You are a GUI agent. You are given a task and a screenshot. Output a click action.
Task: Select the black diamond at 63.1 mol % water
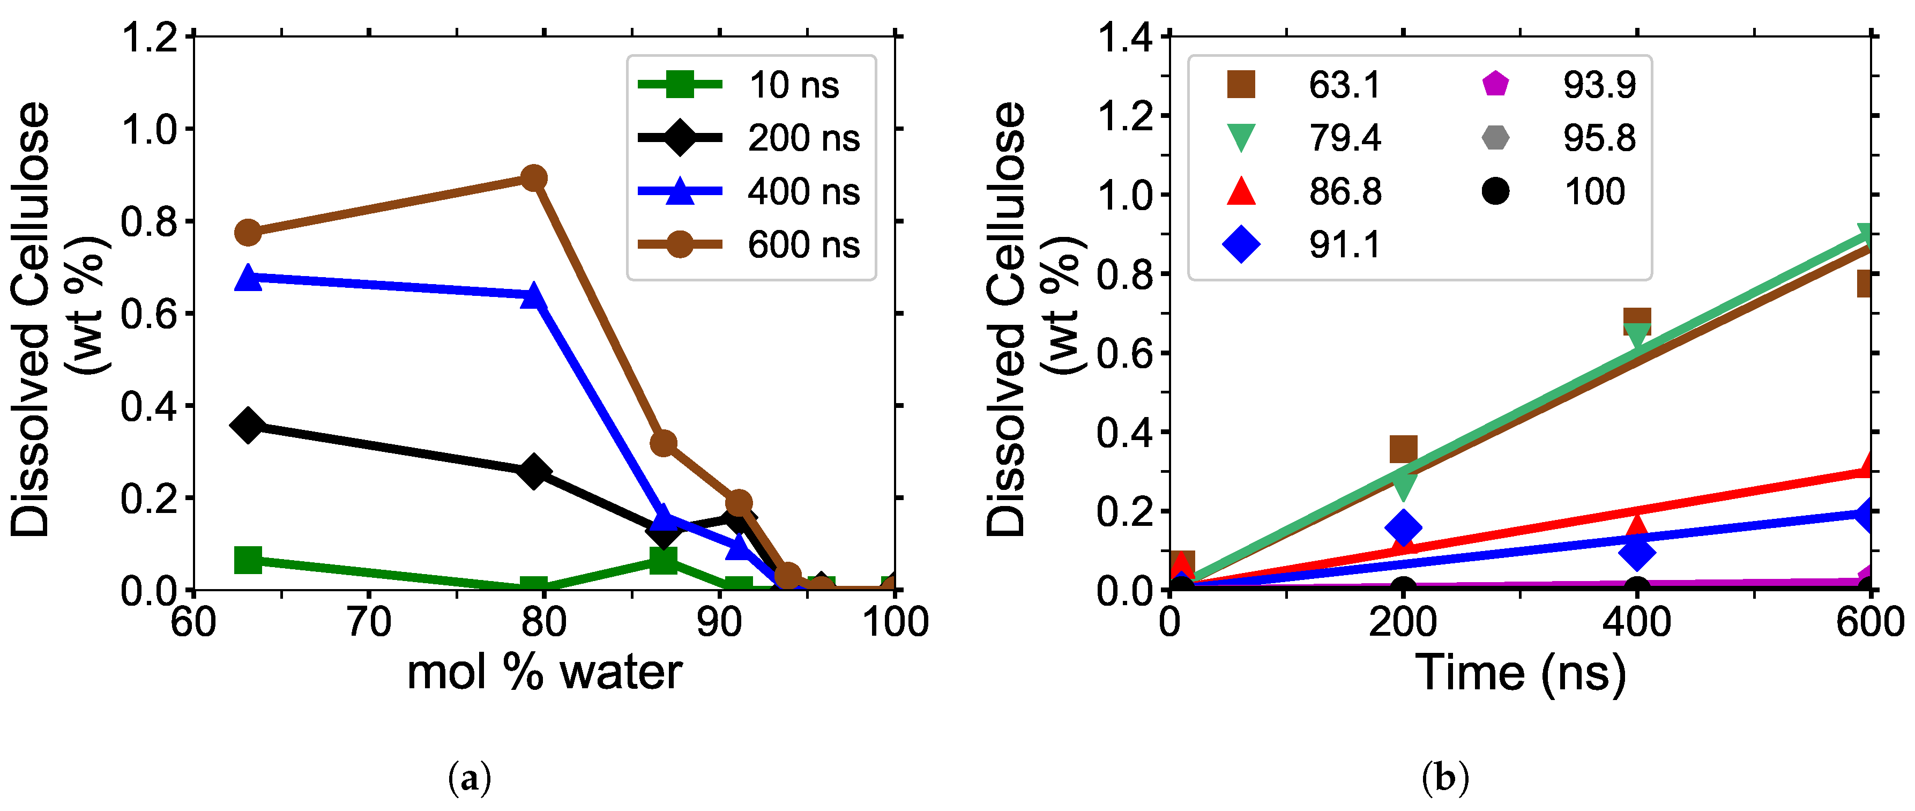(248, 425)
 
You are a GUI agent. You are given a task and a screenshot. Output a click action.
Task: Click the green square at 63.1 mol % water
(248, 560)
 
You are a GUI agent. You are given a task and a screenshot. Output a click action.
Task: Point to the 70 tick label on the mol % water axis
(369, 622)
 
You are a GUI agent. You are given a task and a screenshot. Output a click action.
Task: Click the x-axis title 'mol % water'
(544, 673)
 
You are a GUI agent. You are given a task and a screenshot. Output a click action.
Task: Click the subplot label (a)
(471, 779)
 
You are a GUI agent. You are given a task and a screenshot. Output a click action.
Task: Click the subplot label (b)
(1445, 779)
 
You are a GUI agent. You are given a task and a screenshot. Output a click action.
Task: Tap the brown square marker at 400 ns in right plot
(1637, 321)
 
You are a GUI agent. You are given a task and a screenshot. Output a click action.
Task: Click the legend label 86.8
(1345, 192)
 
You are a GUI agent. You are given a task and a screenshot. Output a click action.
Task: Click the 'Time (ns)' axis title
(1519, 673)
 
